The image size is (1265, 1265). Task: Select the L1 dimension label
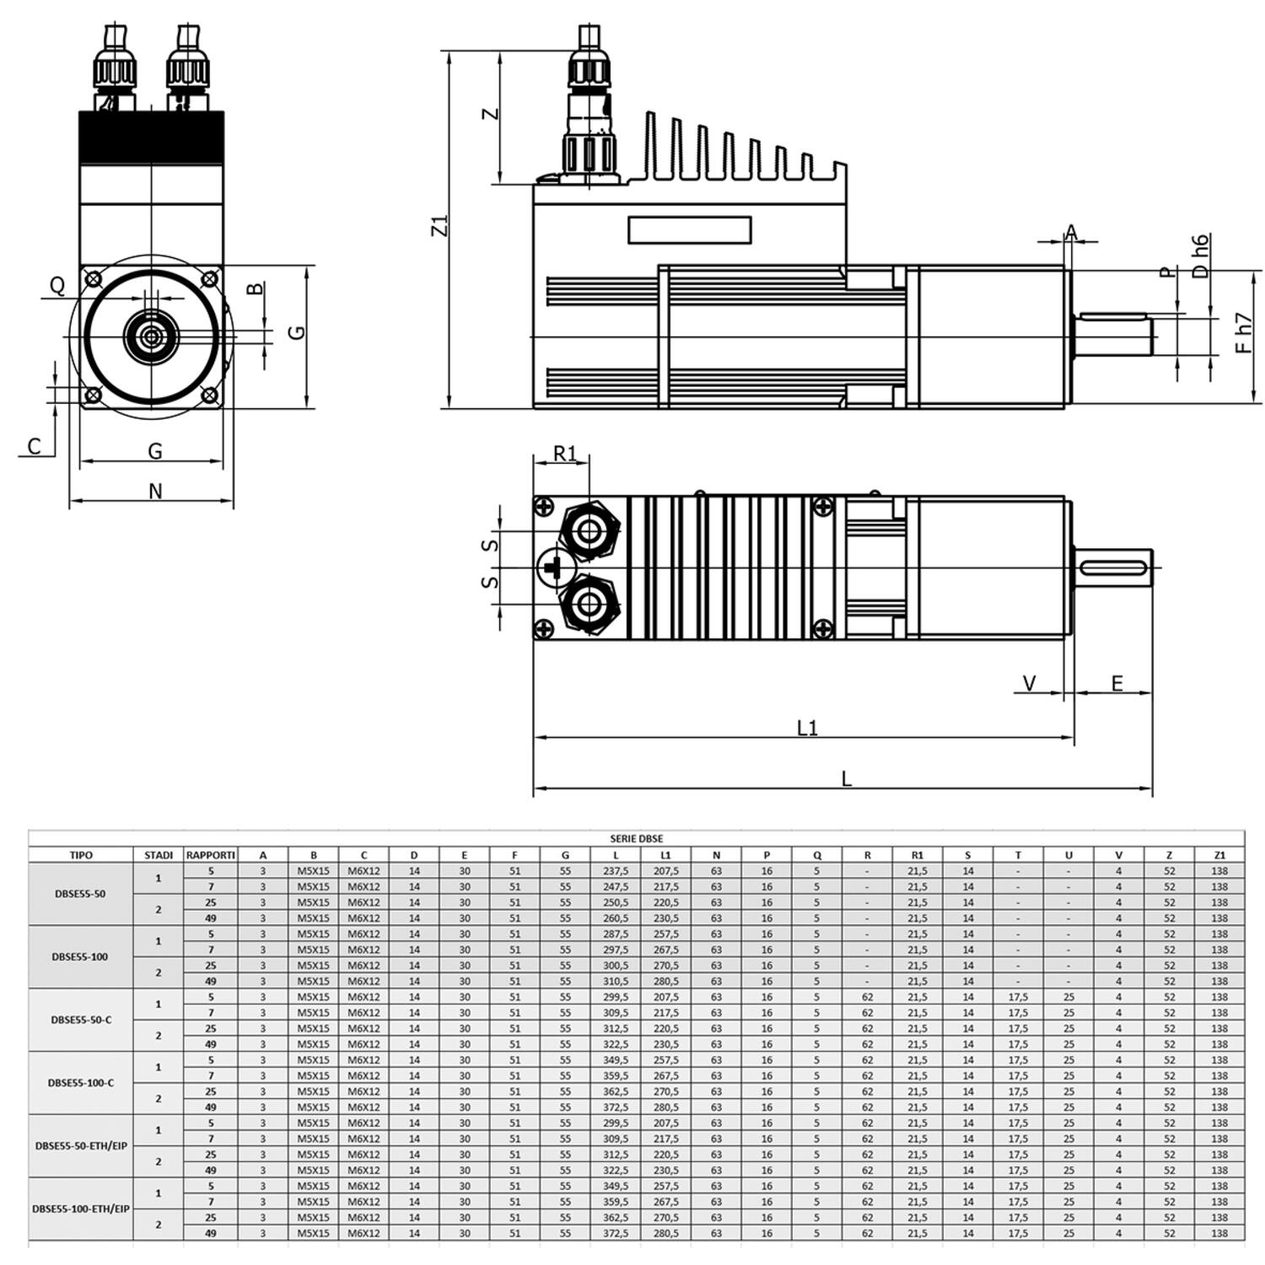coord(807,727)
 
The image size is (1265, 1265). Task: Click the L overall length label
coord(846,778)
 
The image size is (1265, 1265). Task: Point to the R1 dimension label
coord(564,454)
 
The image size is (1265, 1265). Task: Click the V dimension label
coord(1029,682)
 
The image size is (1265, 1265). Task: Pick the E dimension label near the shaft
coord(1117,682)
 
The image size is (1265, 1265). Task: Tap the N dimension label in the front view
coord(154,491)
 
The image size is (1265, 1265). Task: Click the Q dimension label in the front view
coord(57,285)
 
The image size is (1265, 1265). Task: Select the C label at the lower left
coord(34,446)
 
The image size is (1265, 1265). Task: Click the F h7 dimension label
coord(1243,334)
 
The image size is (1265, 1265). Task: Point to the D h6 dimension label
coord(1200,256)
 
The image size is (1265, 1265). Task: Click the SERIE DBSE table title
coord(636,838)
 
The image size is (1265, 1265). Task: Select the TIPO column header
coord(81,854)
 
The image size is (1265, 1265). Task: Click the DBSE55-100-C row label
coord(80,1082)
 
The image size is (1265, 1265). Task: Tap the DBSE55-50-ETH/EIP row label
coord(80,1145)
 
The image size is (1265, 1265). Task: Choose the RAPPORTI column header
coord(210,854)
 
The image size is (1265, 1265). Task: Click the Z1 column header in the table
coord(1219,854)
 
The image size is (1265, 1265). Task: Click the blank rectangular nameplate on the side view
coord(689,230)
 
